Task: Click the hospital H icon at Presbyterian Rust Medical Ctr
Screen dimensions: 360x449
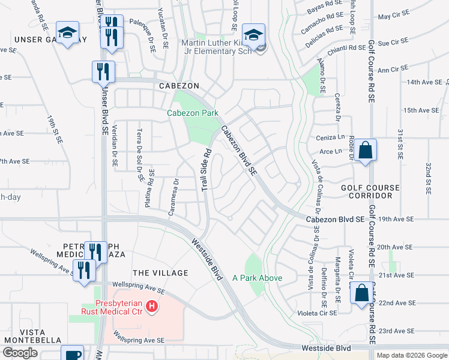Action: pos(152,307)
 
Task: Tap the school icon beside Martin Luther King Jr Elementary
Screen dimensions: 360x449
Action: pos(253,34)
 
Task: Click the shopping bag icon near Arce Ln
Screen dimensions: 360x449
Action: pos(364,151)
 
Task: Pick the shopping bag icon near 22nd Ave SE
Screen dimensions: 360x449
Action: pos(361,294)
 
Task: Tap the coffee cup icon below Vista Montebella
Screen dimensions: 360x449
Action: pos(73,355)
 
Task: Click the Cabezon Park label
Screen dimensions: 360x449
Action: pos(192,112)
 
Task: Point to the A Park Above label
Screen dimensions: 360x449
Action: pos(258,278)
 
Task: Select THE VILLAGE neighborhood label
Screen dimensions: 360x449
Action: pos(160,273)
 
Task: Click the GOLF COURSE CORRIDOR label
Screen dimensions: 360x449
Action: pos(370,192)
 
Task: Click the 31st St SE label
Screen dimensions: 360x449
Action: pos(399,144)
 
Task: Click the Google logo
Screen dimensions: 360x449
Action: pos(20,353)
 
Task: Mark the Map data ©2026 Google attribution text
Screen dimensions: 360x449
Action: pos(411,355)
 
